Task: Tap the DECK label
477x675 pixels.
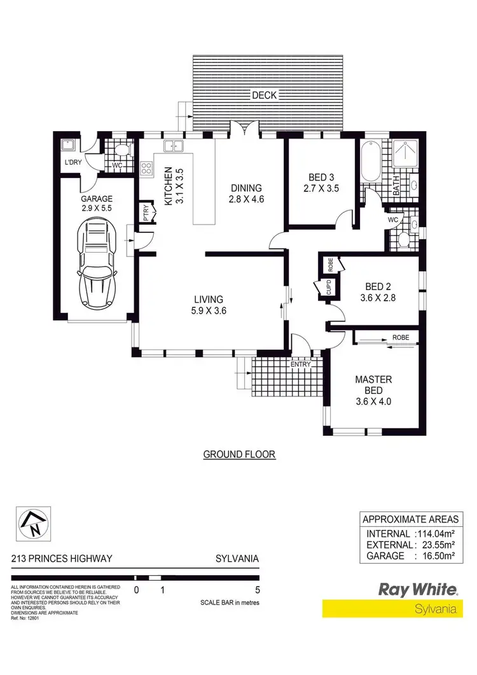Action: [264, 95]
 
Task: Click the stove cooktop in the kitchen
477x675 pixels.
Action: [146, 169]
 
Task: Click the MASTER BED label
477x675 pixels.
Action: [373, 385]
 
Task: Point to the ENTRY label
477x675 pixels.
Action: [300, 365]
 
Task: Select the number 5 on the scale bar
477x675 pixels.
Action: [258, 590]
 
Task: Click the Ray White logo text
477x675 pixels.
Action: [418, 589]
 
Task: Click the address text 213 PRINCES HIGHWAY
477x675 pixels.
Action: [62, 559]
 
